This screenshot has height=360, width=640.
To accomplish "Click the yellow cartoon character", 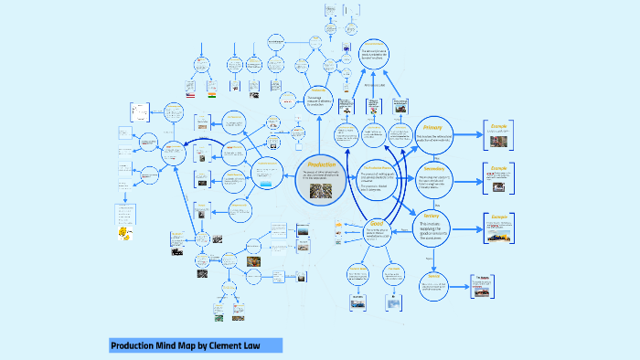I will [x=123, y=235].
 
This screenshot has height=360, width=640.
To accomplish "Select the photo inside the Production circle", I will [x=322, y=190].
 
